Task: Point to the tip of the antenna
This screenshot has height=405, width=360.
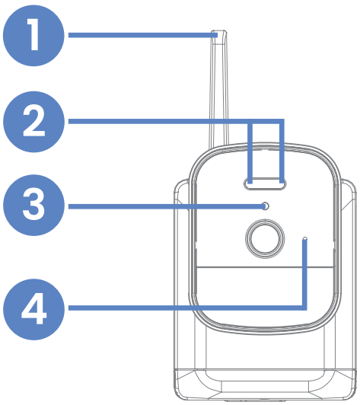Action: pos(218,33)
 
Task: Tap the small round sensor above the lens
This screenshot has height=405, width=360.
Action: pos(265,206)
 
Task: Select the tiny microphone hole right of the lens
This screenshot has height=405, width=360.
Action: pos(305,240)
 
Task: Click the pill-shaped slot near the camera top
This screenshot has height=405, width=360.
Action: pos(266,183)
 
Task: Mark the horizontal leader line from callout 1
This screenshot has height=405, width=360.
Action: pos(137,35)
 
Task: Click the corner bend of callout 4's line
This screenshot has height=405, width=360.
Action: pos(304,308)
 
